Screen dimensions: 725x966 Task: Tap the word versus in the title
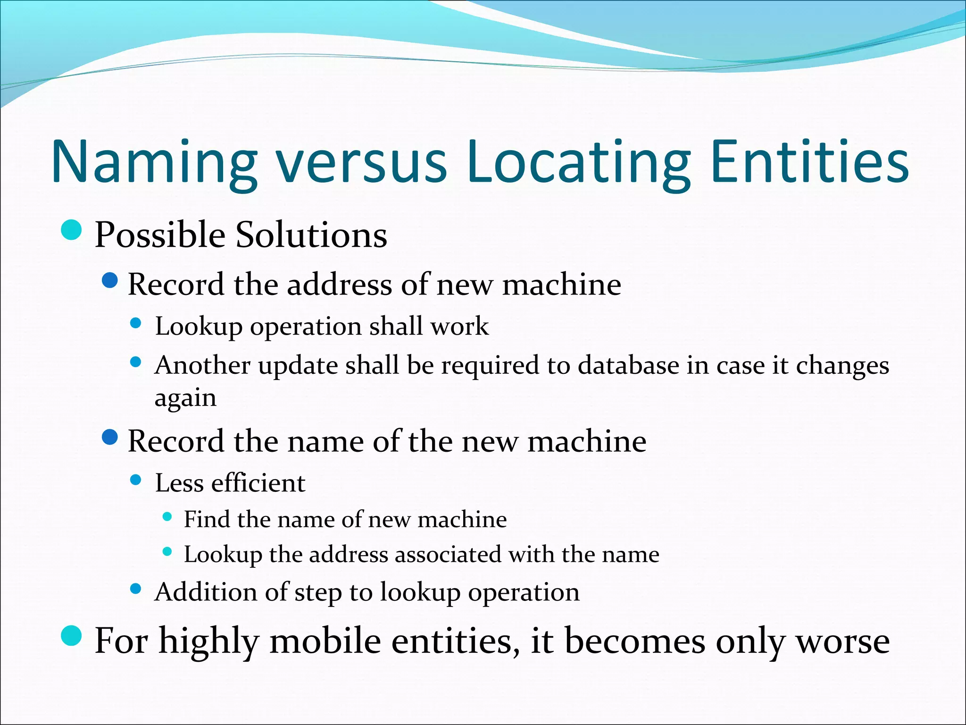coord(361,163)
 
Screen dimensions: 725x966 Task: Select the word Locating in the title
coord(578,163)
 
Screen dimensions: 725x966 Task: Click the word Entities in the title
coord(809,163)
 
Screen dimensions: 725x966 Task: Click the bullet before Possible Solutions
coord(72,230)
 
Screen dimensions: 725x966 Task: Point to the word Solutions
coord(311,235)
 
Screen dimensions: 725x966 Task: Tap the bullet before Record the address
coord(109,281)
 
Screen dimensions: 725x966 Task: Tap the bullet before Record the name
coord(109,438)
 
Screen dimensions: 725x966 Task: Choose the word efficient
coord(258,483)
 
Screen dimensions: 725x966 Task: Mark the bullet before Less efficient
coord(136,480)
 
